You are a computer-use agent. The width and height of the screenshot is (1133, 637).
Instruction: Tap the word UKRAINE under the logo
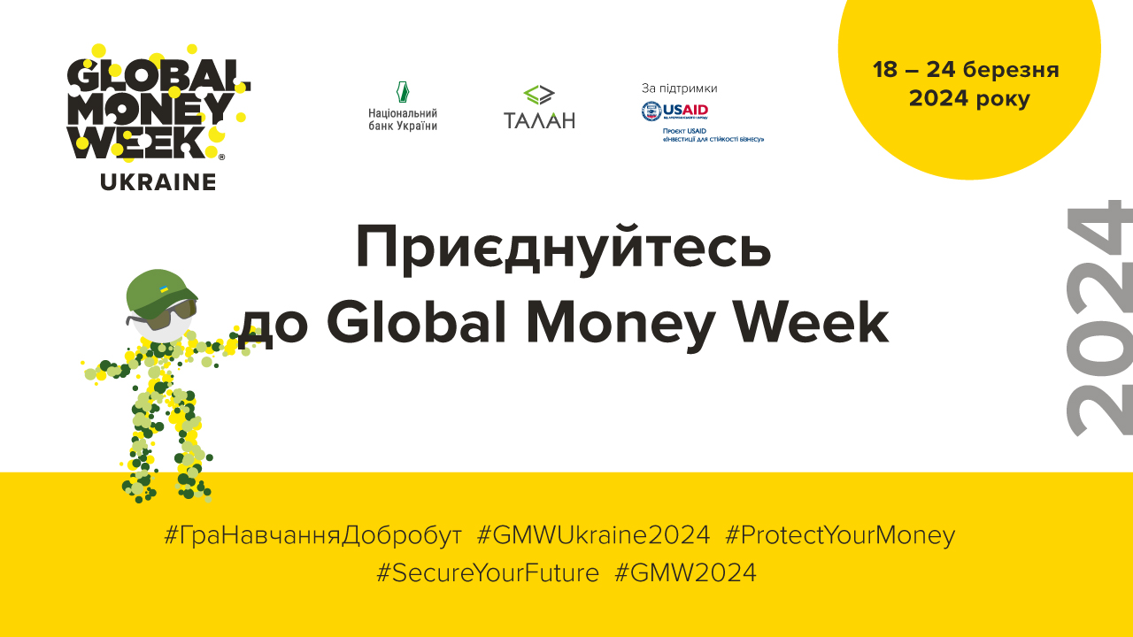coord(158,182)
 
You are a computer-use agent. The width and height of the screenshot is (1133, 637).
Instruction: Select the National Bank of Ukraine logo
coord(403,106)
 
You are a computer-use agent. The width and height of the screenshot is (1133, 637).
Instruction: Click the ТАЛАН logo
coord(539,107)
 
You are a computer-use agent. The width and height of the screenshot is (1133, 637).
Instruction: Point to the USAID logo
coord(674,111)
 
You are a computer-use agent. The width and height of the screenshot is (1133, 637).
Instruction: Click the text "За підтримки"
coord(679,88)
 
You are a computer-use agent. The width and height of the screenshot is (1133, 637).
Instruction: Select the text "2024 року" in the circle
coord(969,99)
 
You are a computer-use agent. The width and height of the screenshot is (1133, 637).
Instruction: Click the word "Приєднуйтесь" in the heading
coord(563,249)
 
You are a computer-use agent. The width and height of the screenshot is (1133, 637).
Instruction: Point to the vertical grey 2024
coord(1099,318)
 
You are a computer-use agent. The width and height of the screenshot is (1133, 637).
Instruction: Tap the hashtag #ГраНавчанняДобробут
coord(313,535)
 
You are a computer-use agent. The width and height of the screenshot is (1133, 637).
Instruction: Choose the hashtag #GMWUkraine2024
coord(593,535)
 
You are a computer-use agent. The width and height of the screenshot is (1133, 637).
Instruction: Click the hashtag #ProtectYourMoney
coord(840,535)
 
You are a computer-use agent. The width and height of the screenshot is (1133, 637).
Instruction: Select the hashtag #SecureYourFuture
coord(488,572)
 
